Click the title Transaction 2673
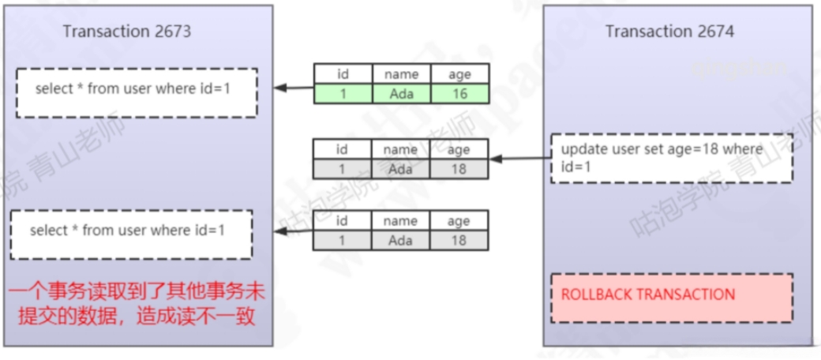[x=127, y=32]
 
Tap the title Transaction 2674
[x=669, y=32]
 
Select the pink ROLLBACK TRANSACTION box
[x=671, y=298]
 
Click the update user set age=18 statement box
[x=671, y=158]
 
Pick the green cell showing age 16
[x=459, y=94]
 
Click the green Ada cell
[x=401, y=94]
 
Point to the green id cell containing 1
[x=342, y=94]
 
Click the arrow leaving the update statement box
[x=521, y=159]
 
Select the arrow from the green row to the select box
[x=294, y=88]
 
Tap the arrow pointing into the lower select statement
[x=294, y=231]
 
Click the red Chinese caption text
[x=137, y=303]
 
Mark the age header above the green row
[x=459, y=74]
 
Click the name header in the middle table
[x=401, y=148]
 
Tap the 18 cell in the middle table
[x=459, y=168]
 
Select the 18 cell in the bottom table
[x=459, y=241]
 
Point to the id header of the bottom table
[x=342, y=221]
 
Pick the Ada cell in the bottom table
[x=401, y=241]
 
